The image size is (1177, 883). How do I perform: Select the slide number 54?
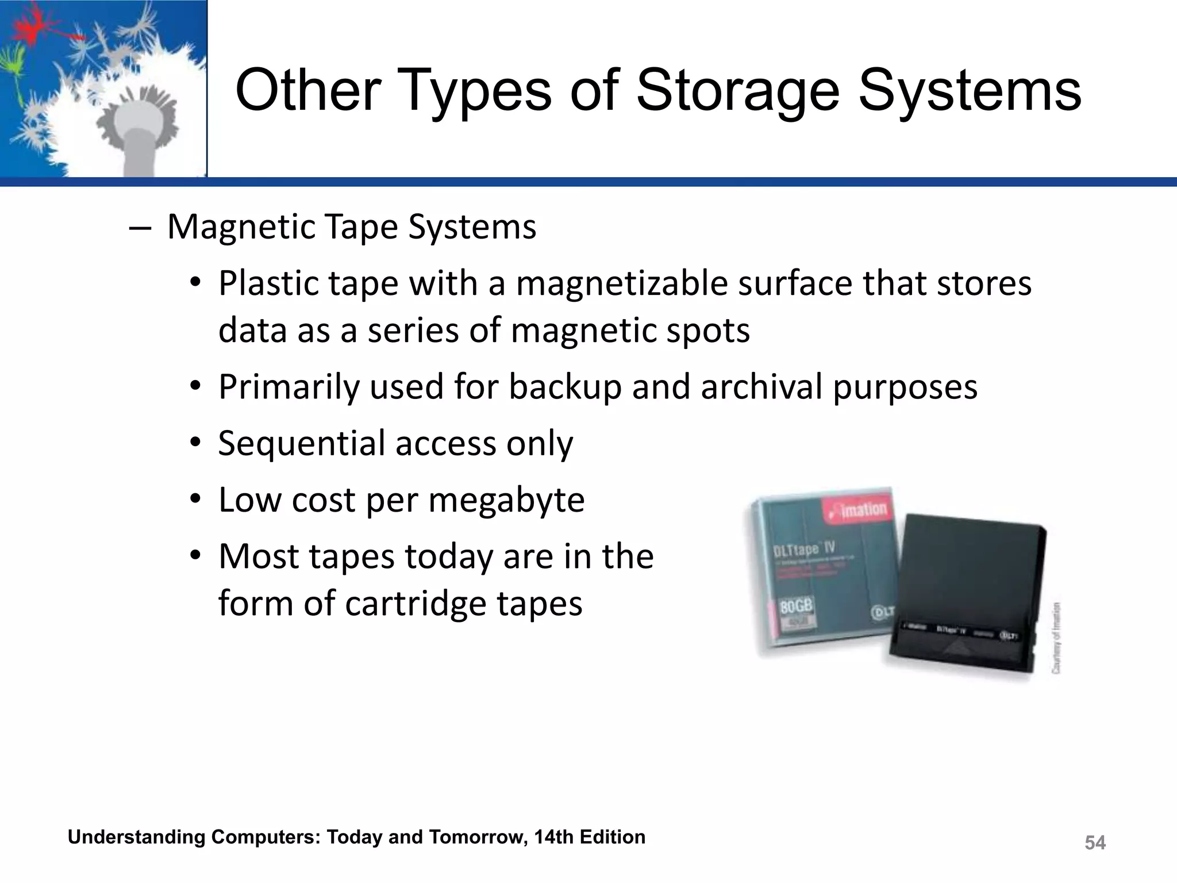click(1095, 843)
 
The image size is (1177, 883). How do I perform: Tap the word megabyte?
click(506, 500)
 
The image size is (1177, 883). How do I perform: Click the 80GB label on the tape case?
click(797, 606)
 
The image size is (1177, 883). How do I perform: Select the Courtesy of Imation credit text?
click(1056, 638)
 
